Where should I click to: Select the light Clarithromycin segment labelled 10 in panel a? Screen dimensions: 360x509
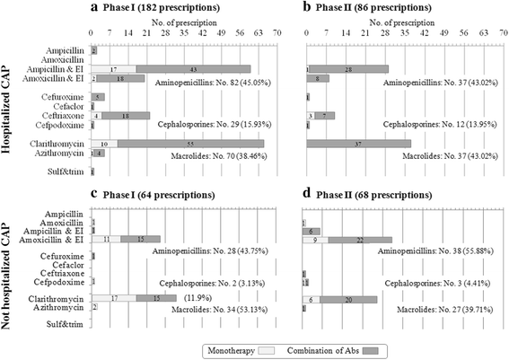click(104, 143)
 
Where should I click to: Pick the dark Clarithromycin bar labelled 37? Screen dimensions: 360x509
click(356, 143)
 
